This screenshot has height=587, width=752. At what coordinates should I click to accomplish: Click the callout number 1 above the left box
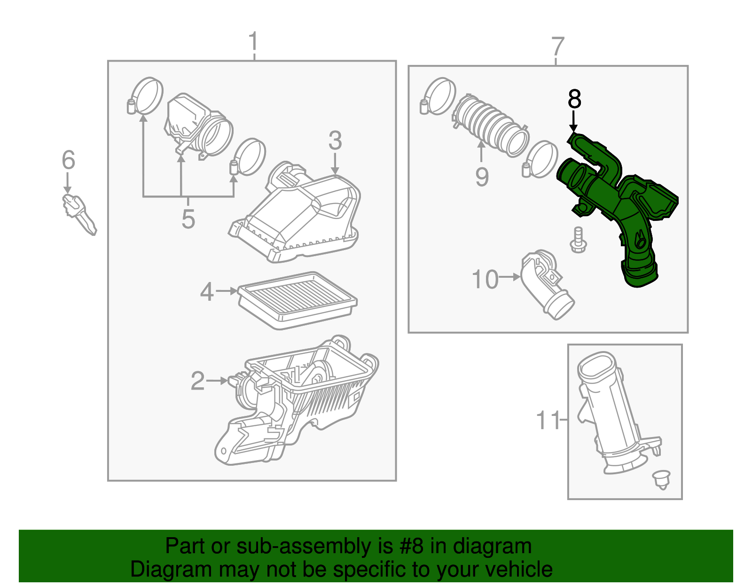coord(253,42)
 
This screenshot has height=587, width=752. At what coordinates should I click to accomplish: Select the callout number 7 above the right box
coord(557,47)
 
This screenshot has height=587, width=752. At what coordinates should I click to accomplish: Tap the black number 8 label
coord(574,100)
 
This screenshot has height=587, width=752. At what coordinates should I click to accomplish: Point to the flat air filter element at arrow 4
coord(298,300)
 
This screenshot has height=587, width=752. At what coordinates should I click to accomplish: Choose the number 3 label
coord(335,141)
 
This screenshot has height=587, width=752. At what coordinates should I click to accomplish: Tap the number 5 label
coord(188,219)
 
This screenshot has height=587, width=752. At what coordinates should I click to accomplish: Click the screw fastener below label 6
coord(78,214)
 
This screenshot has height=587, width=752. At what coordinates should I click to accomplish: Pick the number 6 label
coord(69,160)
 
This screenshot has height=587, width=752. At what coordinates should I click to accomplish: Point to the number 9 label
coord(482,177)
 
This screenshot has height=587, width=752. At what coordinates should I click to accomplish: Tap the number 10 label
coord(485,280)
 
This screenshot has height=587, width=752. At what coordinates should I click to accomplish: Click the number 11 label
coord(548,420)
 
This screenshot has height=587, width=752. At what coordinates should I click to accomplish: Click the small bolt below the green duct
coord(578,241)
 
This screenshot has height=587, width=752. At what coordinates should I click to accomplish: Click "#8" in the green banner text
coord(411,546)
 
